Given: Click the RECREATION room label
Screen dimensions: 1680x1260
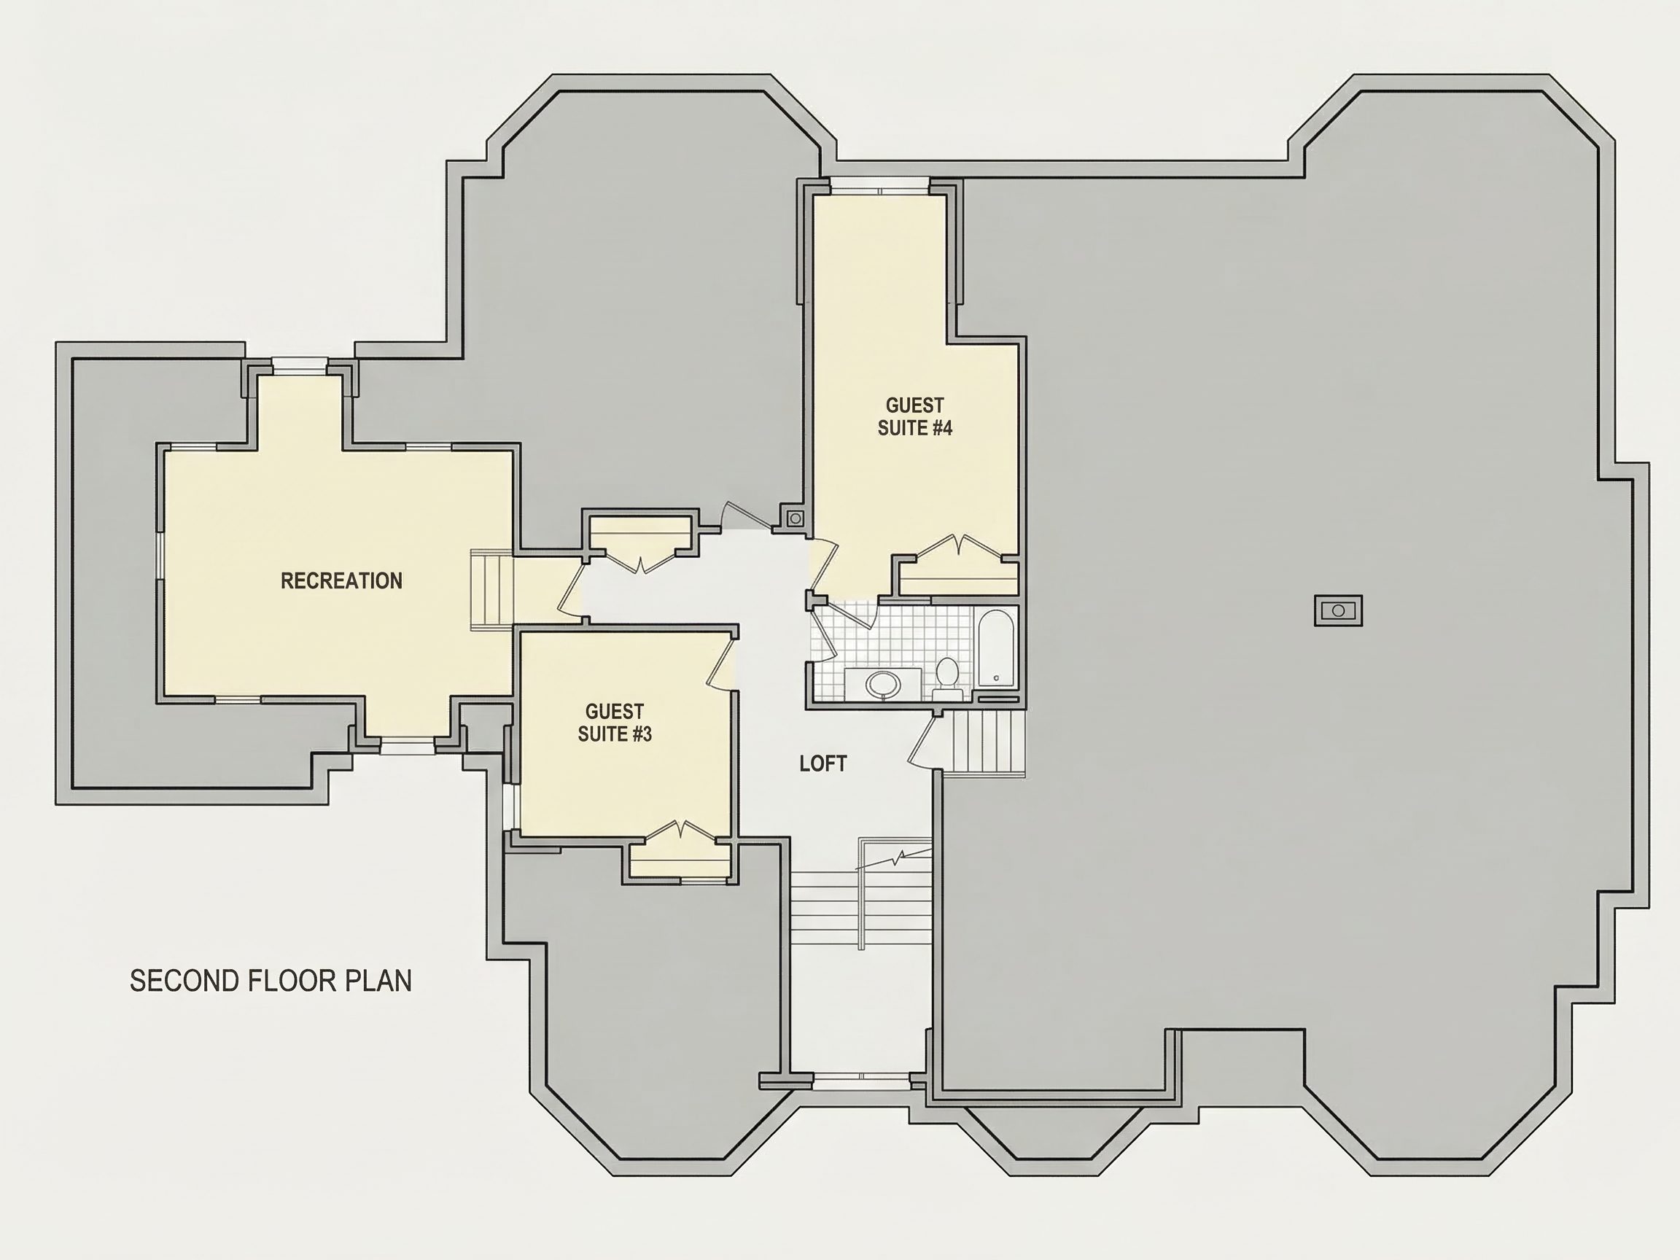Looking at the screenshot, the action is (x=342, y=581).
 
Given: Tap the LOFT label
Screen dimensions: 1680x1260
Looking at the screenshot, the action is (x=823, y=763).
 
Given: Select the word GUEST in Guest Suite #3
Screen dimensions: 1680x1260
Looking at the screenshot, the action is (x=615, y=712).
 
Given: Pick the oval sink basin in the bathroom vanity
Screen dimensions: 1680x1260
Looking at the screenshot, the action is (x=882, y=683).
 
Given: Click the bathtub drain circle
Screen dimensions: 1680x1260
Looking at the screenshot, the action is (x=997, y=677).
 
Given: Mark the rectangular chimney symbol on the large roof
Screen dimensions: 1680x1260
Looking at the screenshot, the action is (x=1338, y=610).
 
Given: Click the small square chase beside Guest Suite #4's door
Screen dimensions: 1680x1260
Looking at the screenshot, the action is (x=796, y=518).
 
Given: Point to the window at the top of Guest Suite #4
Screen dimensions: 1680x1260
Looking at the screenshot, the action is (x=879, y=186).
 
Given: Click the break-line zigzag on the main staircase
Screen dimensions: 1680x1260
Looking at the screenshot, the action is (x=894, y=859).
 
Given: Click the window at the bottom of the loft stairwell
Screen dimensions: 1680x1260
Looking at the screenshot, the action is (x=861, y=1076).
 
